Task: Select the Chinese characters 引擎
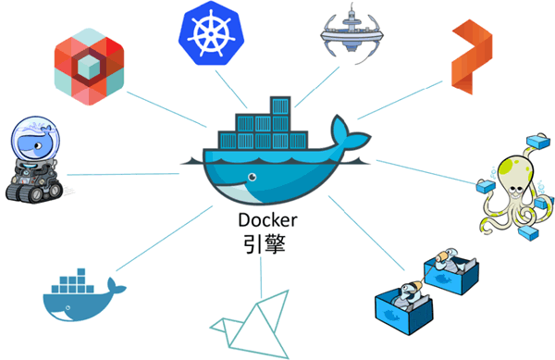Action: (x=264, y=245)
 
